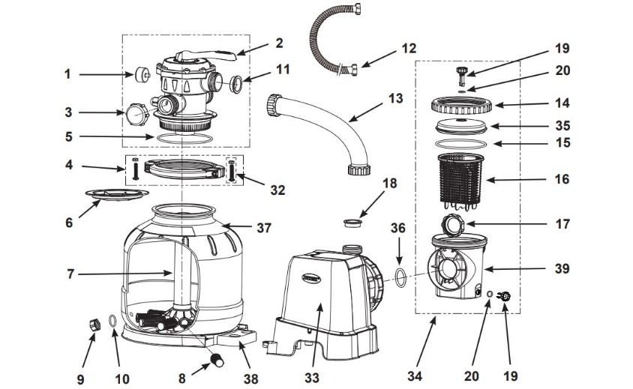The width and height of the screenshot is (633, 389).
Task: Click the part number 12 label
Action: [x=408, y=48]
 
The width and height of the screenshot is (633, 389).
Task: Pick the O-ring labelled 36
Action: [x=400, y=276]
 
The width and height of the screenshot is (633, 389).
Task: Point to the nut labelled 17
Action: [x=452, y=223]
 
